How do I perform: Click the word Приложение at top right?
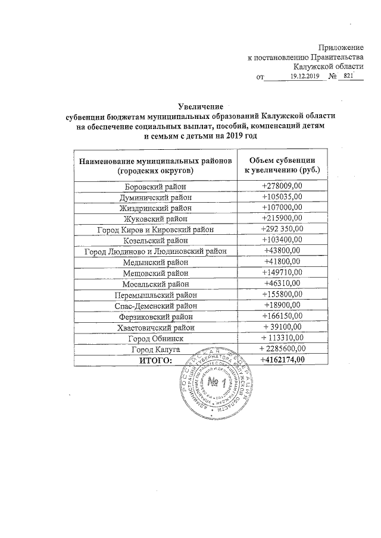pyautogui.click(x=340, y=46)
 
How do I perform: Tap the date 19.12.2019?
pyautogui.click(x=305, y=77)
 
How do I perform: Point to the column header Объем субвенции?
pyautogui.click(x=282, y=161)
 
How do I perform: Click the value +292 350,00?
pyautogui.click(x=282, y=229)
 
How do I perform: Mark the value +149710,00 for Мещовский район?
pyautogui.click(x=282, y=273)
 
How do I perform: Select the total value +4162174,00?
pyautogui.click(x=282, y=360)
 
